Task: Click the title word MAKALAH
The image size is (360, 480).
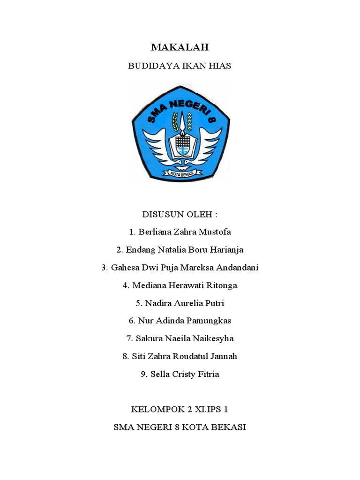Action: tap(180, 47)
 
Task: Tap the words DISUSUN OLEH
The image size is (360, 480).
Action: tap(180, 214)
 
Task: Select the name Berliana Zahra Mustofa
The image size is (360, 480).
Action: tap(185, 232)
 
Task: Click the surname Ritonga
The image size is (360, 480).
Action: tap(220, 285)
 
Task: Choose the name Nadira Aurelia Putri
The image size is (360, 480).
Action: tap(185, 303)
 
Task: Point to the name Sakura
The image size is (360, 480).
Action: tap(149, 338)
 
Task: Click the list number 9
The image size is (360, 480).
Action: tap(143, 374)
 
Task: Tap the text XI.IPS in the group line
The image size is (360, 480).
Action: tap(204, 409)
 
